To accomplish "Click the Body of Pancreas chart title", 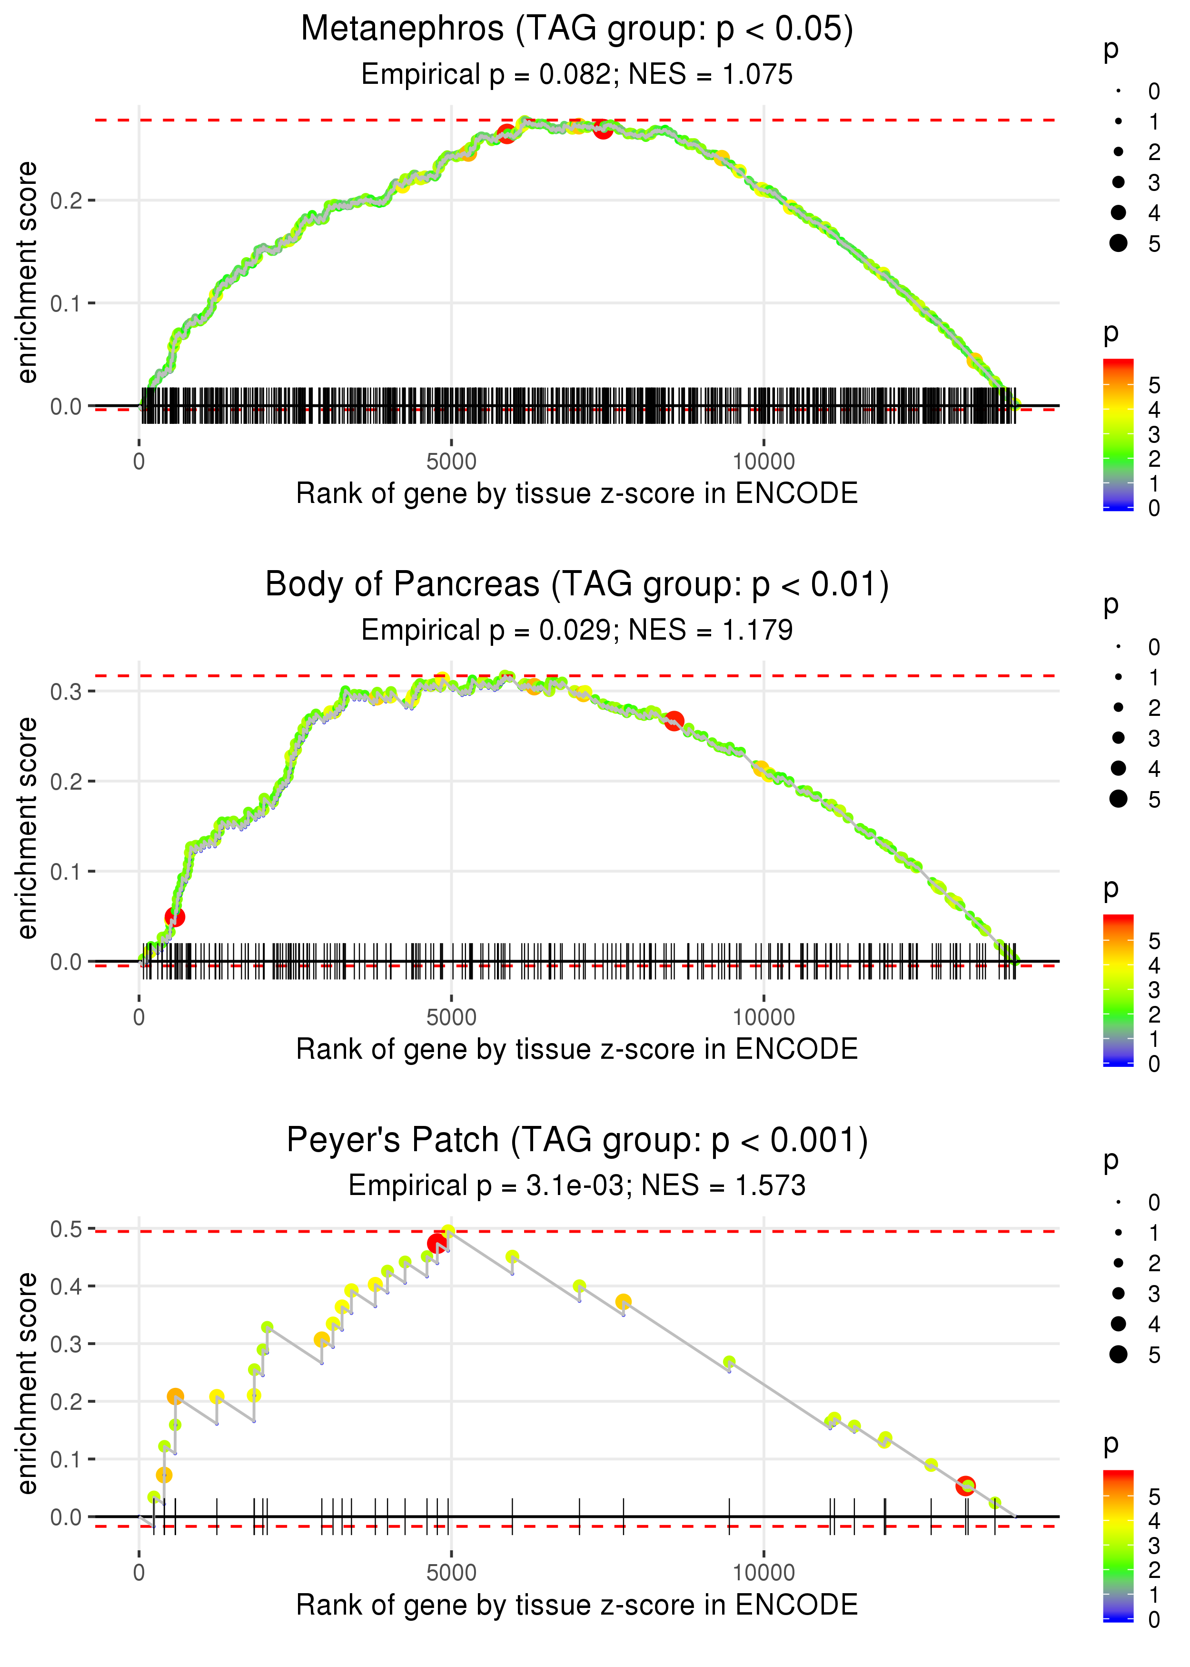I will pyautogui.click(x=577, y=585).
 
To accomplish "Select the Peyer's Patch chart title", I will pyautogui.click(x=577, y=1140).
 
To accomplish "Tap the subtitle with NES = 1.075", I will pyautogui.click(x=577, y=75).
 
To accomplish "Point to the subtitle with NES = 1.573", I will pyautogui.click(x=577, y=1185).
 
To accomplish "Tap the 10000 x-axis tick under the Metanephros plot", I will pyautogui.click(x=764, y=462).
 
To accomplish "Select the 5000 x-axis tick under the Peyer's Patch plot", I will pyautogui.click(x=451, y=1572).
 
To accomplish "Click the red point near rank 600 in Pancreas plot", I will pyautogui.click(x=174, y=917).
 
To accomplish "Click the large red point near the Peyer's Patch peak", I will pyautogui.click(x=436, y=1243).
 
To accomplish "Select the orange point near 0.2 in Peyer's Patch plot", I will pyautogui.click(x=175, y=1396).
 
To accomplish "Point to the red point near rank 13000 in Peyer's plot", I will pyautogui.click(x=966, y=1486).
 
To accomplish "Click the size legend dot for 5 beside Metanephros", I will pyautogui.click(x=1118, y=242).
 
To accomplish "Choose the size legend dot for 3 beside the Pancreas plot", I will pyautogui.click(x=1118, y=737).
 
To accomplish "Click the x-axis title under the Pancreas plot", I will pyautogui.click(x=577, y=1050).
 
